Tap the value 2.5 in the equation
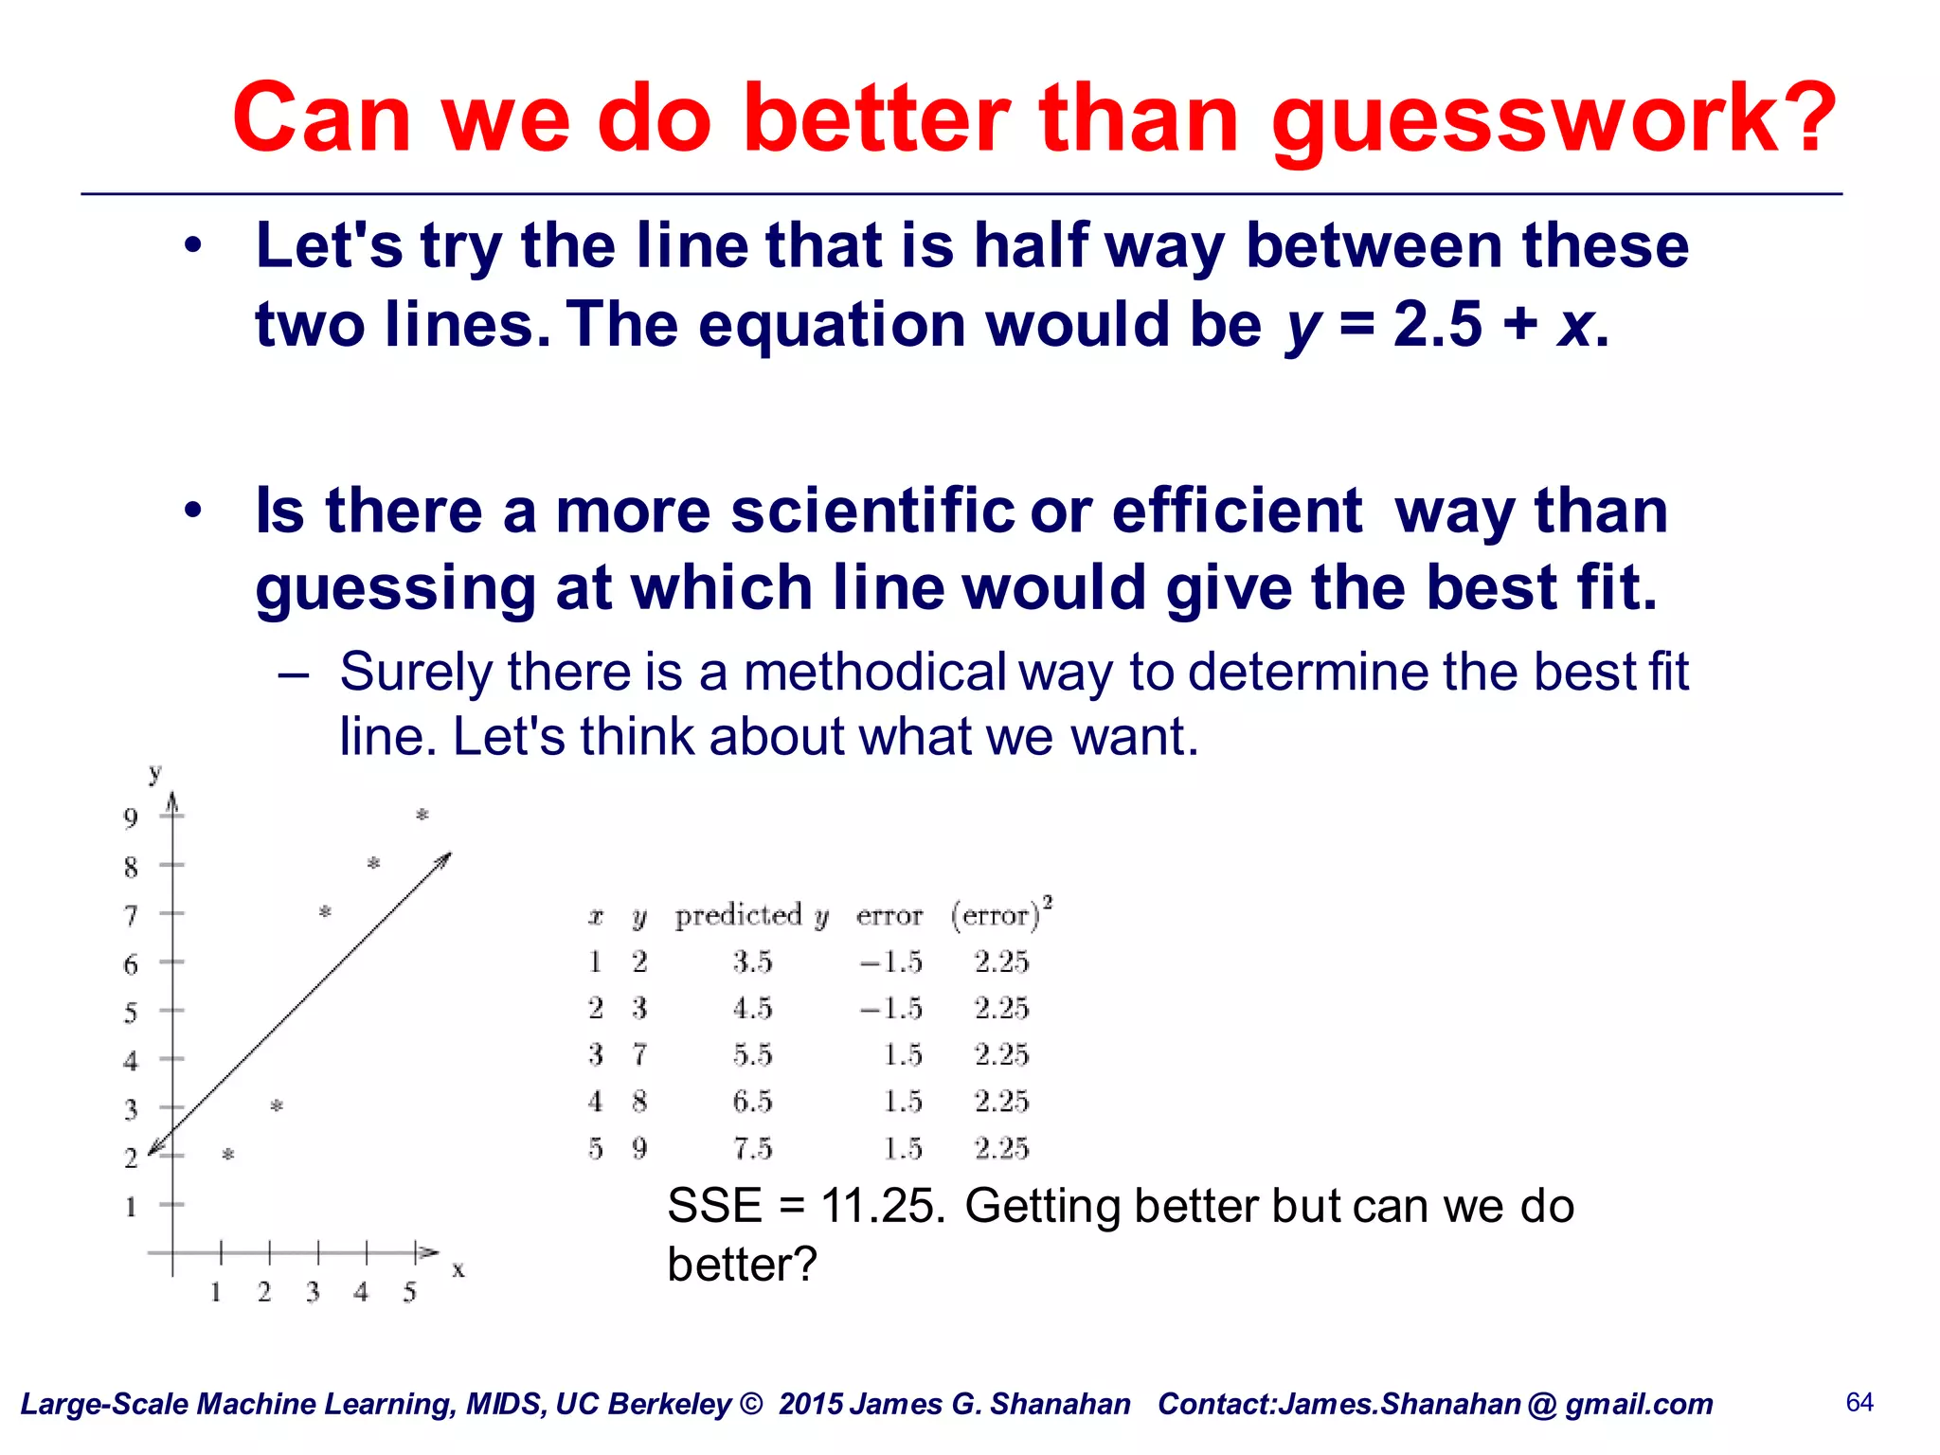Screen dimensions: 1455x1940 [x=1437, y=325]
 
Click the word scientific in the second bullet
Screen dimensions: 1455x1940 [x=871, y=512]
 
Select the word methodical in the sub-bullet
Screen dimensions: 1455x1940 [x=874, y=673]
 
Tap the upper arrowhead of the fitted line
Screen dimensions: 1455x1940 [x=446, y=857]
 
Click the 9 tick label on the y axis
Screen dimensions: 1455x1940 [x=131, y=817]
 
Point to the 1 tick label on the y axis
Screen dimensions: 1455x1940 [x=131, y=1207]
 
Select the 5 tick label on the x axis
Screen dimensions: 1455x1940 [x=409, y=1292]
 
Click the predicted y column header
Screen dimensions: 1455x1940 [x=751, y=916]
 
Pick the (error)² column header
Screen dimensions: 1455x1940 [x=1000, y=914]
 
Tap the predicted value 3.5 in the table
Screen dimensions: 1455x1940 [x=752, y=962]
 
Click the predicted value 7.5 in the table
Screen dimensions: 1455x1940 [x=752, y=1149]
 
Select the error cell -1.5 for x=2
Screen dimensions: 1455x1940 [x=890, y=1009]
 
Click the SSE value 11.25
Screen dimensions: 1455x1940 [x=881, y=1207]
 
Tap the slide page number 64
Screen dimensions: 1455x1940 [x=1859, y=1403]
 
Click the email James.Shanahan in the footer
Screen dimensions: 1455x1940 [x=1399, y=1405]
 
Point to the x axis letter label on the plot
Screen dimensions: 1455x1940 [x=458, y=1269]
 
